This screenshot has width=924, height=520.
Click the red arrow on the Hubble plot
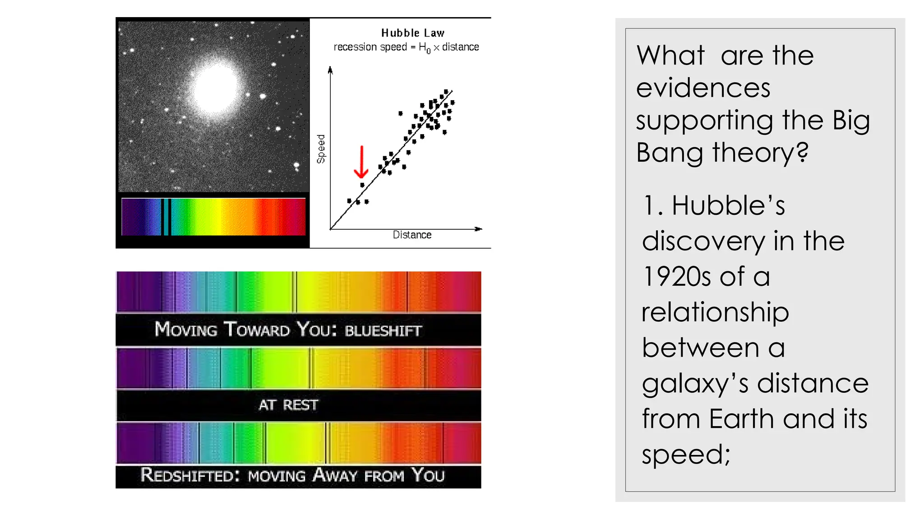(x=361, y=162)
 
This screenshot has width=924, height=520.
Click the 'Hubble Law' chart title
(x=413, y=33)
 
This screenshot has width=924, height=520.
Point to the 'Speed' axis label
(x=321, y=149)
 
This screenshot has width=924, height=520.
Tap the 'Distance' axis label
(x=412, y=235)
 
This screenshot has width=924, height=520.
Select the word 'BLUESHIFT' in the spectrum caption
(x=383, y=331)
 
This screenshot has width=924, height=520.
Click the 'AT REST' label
(x=288, y=405)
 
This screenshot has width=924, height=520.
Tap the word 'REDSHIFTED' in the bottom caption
(x=189, y=475)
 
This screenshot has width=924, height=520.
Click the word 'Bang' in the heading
(x=670, y=153)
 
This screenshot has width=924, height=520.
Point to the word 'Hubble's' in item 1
(x=728, y=205)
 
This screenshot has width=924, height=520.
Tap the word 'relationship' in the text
(x=715, y=312)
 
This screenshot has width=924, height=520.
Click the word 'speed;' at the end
(x=686, y=455)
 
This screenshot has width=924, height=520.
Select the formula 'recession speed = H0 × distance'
(x=406, y=47)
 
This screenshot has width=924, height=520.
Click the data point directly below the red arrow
(x=362, y=185)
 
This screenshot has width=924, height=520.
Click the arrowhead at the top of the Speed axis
(x=330, y=70)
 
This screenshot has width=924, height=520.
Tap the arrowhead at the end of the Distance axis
(x=479, y=229)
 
